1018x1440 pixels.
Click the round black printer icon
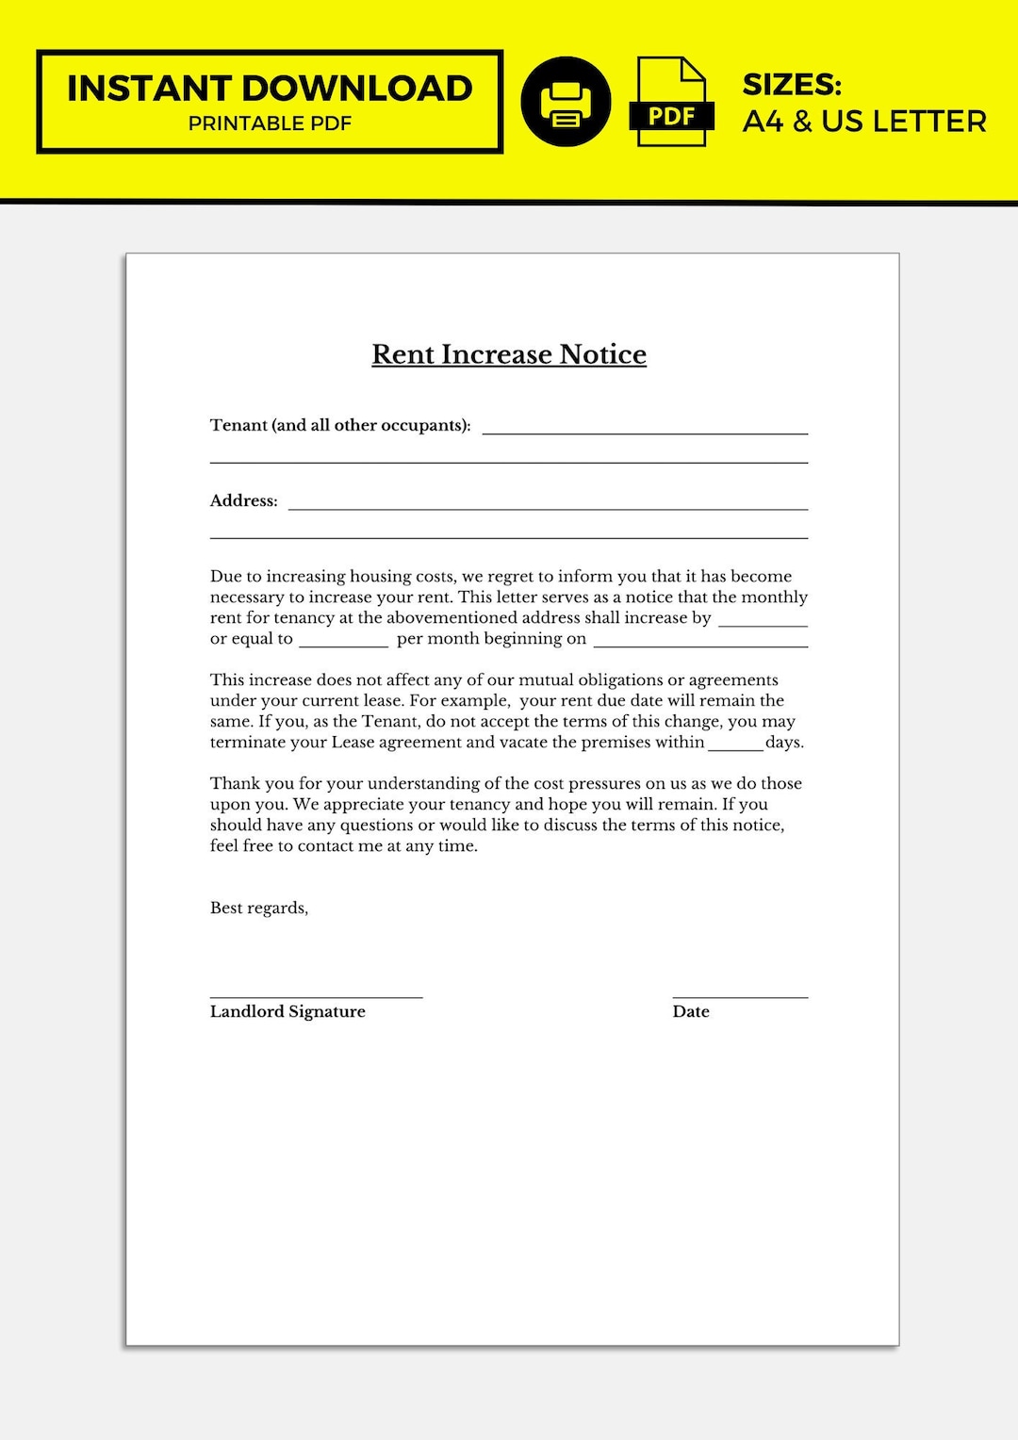(x=566, y=102)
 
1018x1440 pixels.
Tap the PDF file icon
(x=671, y=102)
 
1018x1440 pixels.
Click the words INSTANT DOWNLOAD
(x=270, y=89)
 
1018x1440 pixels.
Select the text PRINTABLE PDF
(x=270, y=123)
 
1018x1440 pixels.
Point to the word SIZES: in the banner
(x=792, y=85)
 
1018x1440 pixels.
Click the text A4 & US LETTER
(x=864, y=122)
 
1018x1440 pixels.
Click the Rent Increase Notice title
(x=509, y=354)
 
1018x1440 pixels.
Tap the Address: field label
(x=243, y=500)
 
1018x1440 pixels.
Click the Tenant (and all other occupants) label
(x=340, y=425)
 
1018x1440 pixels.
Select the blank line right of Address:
(x=548, y=507)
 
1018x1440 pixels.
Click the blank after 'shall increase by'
(x=763, y=623)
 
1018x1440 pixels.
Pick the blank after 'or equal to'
(x=343, y=644)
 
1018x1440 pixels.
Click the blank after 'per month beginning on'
(x=700, y=644)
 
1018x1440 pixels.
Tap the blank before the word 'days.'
(x=735, y=746)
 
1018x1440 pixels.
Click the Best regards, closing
(x=259, y=908)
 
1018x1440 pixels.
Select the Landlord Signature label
(x=287, y=1011)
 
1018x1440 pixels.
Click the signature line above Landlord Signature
(x=316, y=996)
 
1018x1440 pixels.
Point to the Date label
(x=691, y=1011)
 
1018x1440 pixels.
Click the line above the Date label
(x=740, y=996)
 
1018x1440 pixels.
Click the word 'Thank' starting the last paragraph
(x=233, y=783)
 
